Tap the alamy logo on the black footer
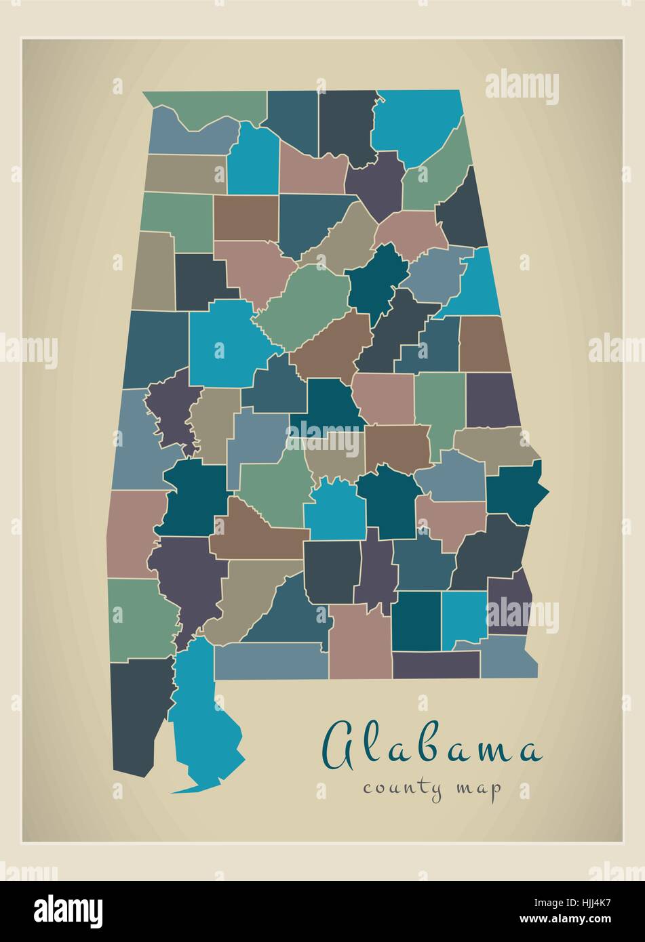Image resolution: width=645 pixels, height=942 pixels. pyautogui.click(x=69, y=910)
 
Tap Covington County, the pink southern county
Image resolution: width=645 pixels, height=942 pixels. pyautogui.click(x=359, y=640)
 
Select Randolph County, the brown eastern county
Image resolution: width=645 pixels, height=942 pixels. pyautogui.click(x=484, y=342)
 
